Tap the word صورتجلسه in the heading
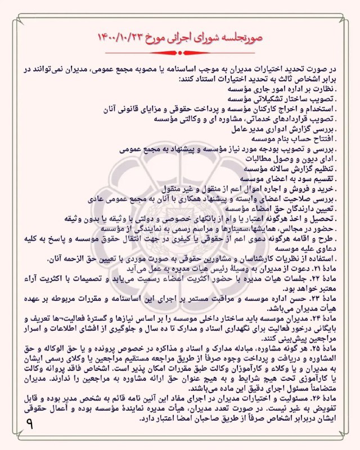click(242, 37)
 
